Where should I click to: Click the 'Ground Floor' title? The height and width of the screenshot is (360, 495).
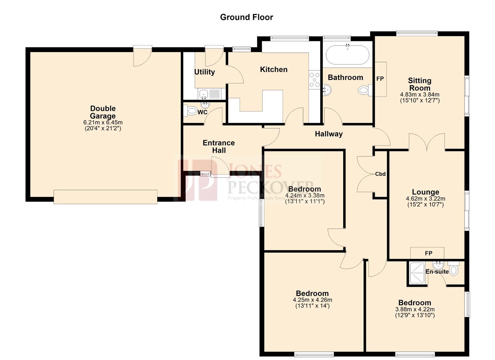click(x=246, y=17)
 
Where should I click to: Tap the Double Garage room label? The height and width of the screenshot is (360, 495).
click(x=103, y=112)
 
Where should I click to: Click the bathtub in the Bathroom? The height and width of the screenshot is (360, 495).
click(x=347, y=55)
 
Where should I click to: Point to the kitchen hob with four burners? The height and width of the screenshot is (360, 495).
click(x=314, y=80)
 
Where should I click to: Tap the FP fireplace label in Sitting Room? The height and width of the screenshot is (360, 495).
click(x=380, y=79)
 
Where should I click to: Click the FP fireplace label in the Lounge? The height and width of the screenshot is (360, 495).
click(x=428, y=253)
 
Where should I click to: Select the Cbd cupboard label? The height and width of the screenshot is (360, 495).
click(x=380, y=174)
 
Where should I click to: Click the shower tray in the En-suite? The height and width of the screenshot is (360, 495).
click(x=417, y=273)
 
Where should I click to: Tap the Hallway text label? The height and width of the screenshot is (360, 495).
click(x=329, y=134)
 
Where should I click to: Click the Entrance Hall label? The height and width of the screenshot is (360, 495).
click(x=219, y=147)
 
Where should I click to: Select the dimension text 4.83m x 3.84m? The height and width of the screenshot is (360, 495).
click(x=420, y=95)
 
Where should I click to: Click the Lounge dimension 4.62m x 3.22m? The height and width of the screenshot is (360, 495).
click(x=425, y=199)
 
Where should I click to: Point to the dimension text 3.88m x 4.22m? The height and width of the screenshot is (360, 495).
click(x=415, y=310)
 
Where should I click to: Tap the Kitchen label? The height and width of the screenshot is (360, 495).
click(x=273, y=69)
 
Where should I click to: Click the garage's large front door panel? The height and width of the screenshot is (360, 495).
click(x=105, y=197)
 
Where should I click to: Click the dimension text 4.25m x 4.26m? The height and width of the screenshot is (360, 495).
click(x=312, y=300)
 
